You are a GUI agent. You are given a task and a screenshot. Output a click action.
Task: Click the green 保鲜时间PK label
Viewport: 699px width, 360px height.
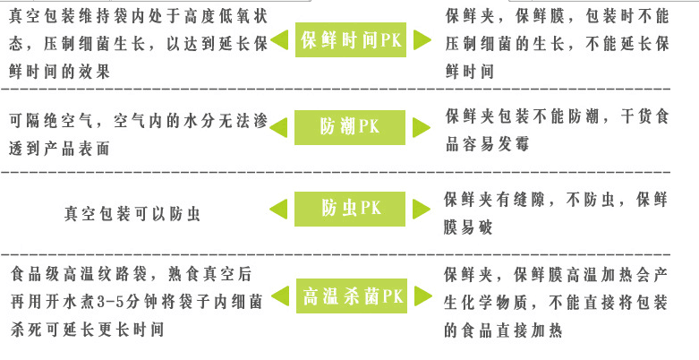pyautogui.click(x=351, y=41)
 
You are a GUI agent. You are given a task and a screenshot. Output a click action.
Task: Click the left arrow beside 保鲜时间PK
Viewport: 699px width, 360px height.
pyautogui.click(x=279, y=41)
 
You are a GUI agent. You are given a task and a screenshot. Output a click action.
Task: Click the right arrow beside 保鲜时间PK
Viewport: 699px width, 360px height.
pyautogui.click(x=422, y=41)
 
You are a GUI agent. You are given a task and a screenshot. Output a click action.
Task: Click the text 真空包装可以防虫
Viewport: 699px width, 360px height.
pyautogui.click(x=132, y=214)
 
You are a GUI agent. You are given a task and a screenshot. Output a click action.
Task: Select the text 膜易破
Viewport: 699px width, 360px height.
pyautogui.click(x=468, y=227)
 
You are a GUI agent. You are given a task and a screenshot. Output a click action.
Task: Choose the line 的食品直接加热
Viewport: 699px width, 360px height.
pyautogui.click(x=502, y=330)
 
